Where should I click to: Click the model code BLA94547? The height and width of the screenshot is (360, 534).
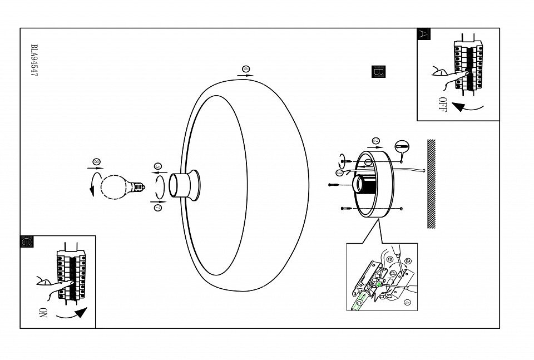[34, 61]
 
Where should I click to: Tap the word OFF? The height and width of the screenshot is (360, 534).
[442, 104]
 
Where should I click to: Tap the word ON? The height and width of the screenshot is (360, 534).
[42, 312]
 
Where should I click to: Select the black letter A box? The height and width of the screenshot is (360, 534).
[423, 34]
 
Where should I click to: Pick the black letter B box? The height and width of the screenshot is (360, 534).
[378, 72]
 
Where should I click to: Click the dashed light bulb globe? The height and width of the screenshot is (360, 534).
[114, 185]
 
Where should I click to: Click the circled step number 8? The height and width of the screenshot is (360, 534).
[96, 162]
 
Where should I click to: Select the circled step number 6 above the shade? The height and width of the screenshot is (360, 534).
[246, 70]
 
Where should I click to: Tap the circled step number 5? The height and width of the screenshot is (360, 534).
[158, 166]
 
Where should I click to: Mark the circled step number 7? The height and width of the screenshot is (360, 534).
[158, 208]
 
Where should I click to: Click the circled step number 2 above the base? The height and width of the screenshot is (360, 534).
[376, 141]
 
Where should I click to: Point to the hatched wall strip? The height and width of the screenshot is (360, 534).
[431, 184]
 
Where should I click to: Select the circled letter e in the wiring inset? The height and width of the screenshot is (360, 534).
[389, 259]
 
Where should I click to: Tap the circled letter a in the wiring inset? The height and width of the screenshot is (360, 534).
[408, 260]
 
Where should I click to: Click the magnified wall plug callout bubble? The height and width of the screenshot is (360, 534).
[401, 147]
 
